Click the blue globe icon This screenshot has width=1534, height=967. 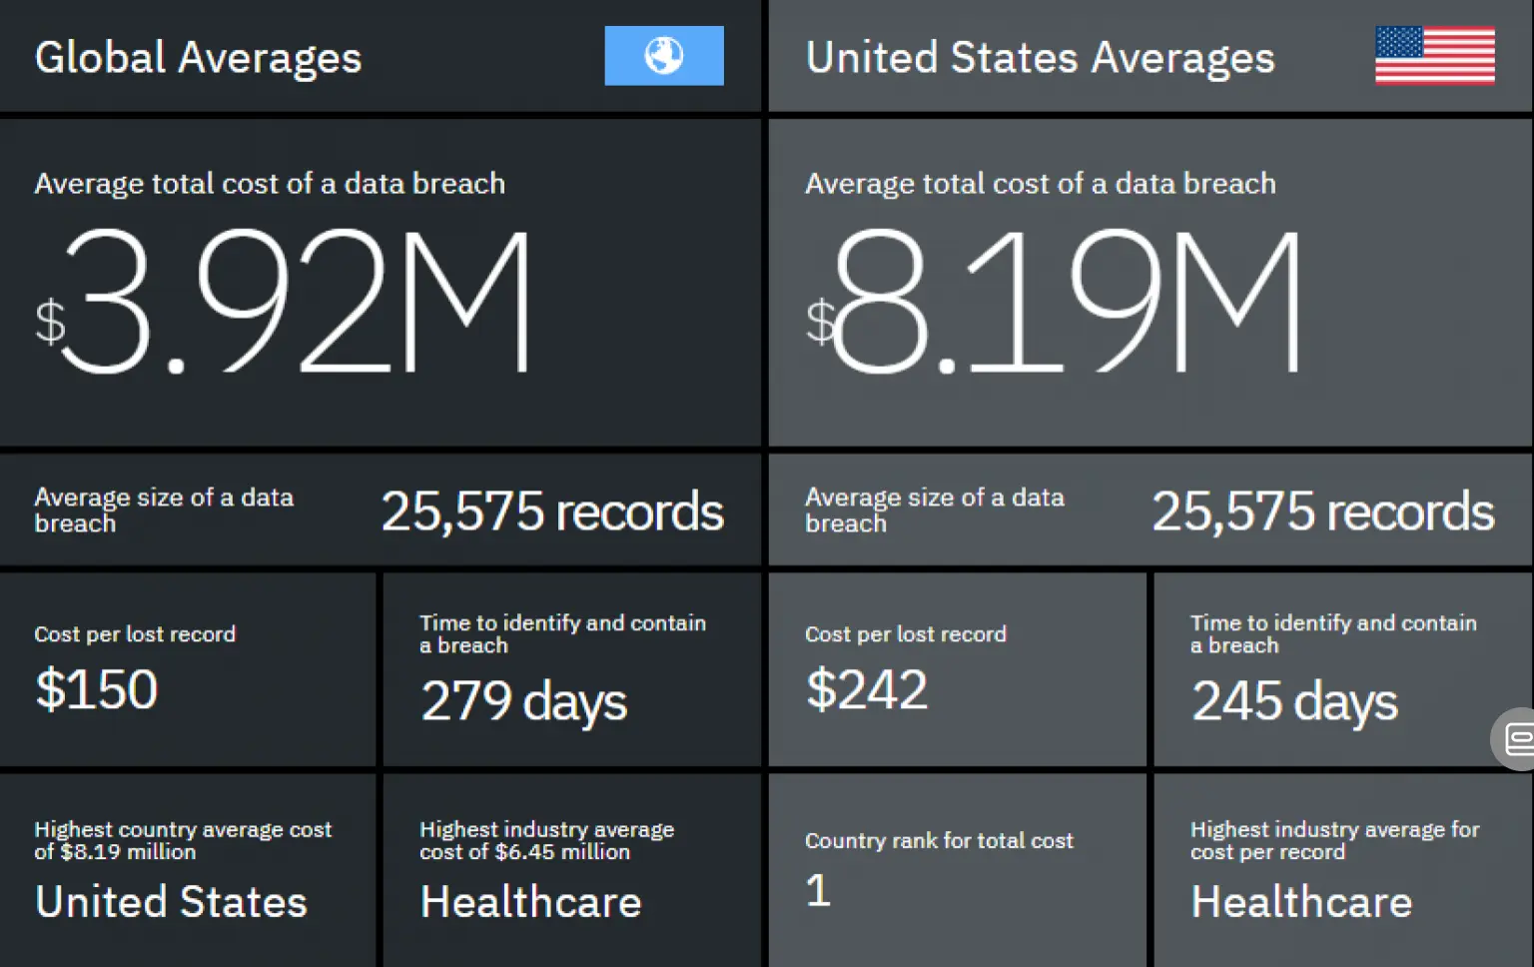pos(663,56)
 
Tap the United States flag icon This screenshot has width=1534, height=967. pos(1434,56)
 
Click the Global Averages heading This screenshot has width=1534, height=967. pos(198,58)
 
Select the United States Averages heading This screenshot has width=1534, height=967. pos(1040,58)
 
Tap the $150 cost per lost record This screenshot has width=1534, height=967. pos(97,689)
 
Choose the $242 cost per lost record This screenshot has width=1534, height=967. pos(867,689)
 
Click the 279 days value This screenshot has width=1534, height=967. pos(523,700)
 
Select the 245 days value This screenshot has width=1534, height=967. pos(1294,700)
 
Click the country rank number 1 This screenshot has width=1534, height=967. pos(818,890)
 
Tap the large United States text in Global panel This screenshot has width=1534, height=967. pos(171,902)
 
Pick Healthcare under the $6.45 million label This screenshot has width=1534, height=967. pos(530,902)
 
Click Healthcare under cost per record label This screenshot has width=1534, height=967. pos(1301,902)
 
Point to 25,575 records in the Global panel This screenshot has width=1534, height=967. pos(552,511)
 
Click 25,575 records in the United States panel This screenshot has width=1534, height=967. pos(1323,511)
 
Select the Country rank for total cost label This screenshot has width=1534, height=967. pos(939,841)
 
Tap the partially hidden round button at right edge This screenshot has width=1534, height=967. pos(1515,739)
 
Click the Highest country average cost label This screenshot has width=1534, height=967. pos(183,840)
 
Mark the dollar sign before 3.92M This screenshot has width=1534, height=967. pos(49,322)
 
